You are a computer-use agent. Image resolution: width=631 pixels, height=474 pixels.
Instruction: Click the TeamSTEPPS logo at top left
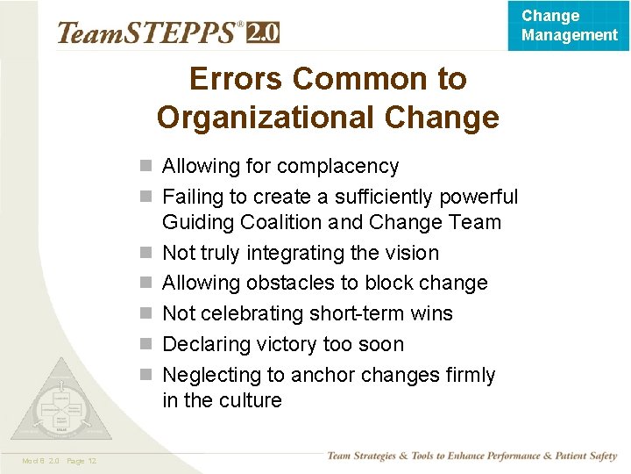point(149,33)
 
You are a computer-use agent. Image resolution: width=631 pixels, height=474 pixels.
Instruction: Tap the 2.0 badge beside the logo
point(263,32)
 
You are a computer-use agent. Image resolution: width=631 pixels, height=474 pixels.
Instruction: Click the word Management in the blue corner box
point(570,35)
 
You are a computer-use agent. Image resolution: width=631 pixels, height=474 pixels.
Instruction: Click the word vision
point(411,254)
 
